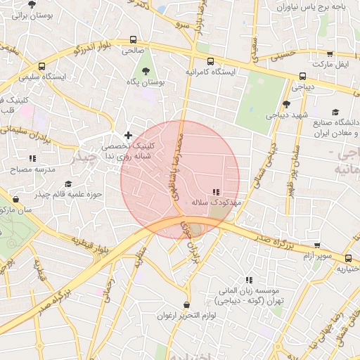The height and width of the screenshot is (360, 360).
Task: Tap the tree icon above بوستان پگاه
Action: coord(146,71)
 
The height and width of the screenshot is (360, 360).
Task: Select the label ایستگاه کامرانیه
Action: coord(211,72)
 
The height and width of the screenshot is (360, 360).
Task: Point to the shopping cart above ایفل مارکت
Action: coord(330,53)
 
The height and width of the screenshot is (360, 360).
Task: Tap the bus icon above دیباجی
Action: coord(303,76)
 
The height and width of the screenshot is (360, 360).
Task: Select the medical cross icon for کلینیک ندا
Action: coord(128,134)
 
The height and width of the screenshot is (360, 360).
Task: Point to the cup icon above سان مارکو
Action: coord(15,199)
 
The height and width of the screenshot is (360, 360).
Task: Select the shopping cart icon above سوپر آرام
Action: coord(319,247)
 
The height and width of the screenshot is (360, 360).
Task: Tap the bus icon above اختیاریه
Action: coord(341,257)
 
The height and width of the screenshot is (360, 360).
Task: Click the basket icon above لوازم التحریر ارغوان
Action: coord(186,304)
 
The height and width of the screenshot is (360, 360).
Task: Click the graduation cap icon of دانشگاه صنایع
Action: coord(335,112)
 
